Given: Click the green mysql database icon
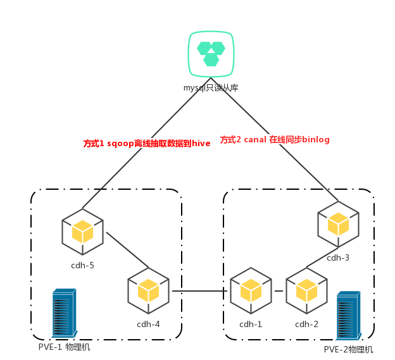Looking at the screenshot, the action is point(211,54).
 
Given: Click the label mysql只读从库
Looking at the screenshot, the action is point(211,87).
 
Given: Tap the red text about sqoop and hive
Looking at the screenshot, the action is point(147,143).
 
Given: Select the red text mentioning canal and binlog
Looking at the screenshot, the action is point(275,139).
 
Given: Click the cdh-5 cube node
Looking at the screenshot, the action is point(83,232).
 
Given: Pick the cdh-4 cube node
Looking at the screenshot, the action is point(148,291).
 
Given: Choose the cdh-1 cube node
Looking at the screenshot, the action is point(251,291).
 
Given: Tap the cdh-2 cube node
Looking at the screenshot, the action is point(306,291).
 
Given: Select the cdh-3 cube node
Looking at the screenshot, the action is point(338,225).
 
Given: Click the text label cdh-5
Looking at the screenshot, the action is point(83,265).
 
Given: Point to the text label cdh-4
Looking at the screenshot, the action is point(148,324).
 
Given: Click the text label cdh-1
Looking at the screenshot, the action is point(251,324).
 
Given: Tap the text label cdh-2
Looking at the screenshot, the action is point(306,324).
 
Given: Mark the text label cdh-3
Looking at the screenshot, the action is point(338,258).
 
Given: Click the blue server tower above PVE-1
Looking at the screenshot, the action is point(64,313).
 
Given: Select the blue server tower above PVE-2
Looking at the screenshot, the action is point(349,316).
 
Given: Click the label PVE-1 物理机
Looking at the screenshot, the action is point(64,347).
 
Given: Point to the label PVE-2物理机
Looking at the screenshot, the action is point(348,349).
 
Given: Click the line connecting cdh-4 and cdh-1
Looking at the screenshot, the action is point(199,291).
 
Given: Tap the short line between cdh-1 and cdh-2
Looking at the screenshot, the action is point(279,291).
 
